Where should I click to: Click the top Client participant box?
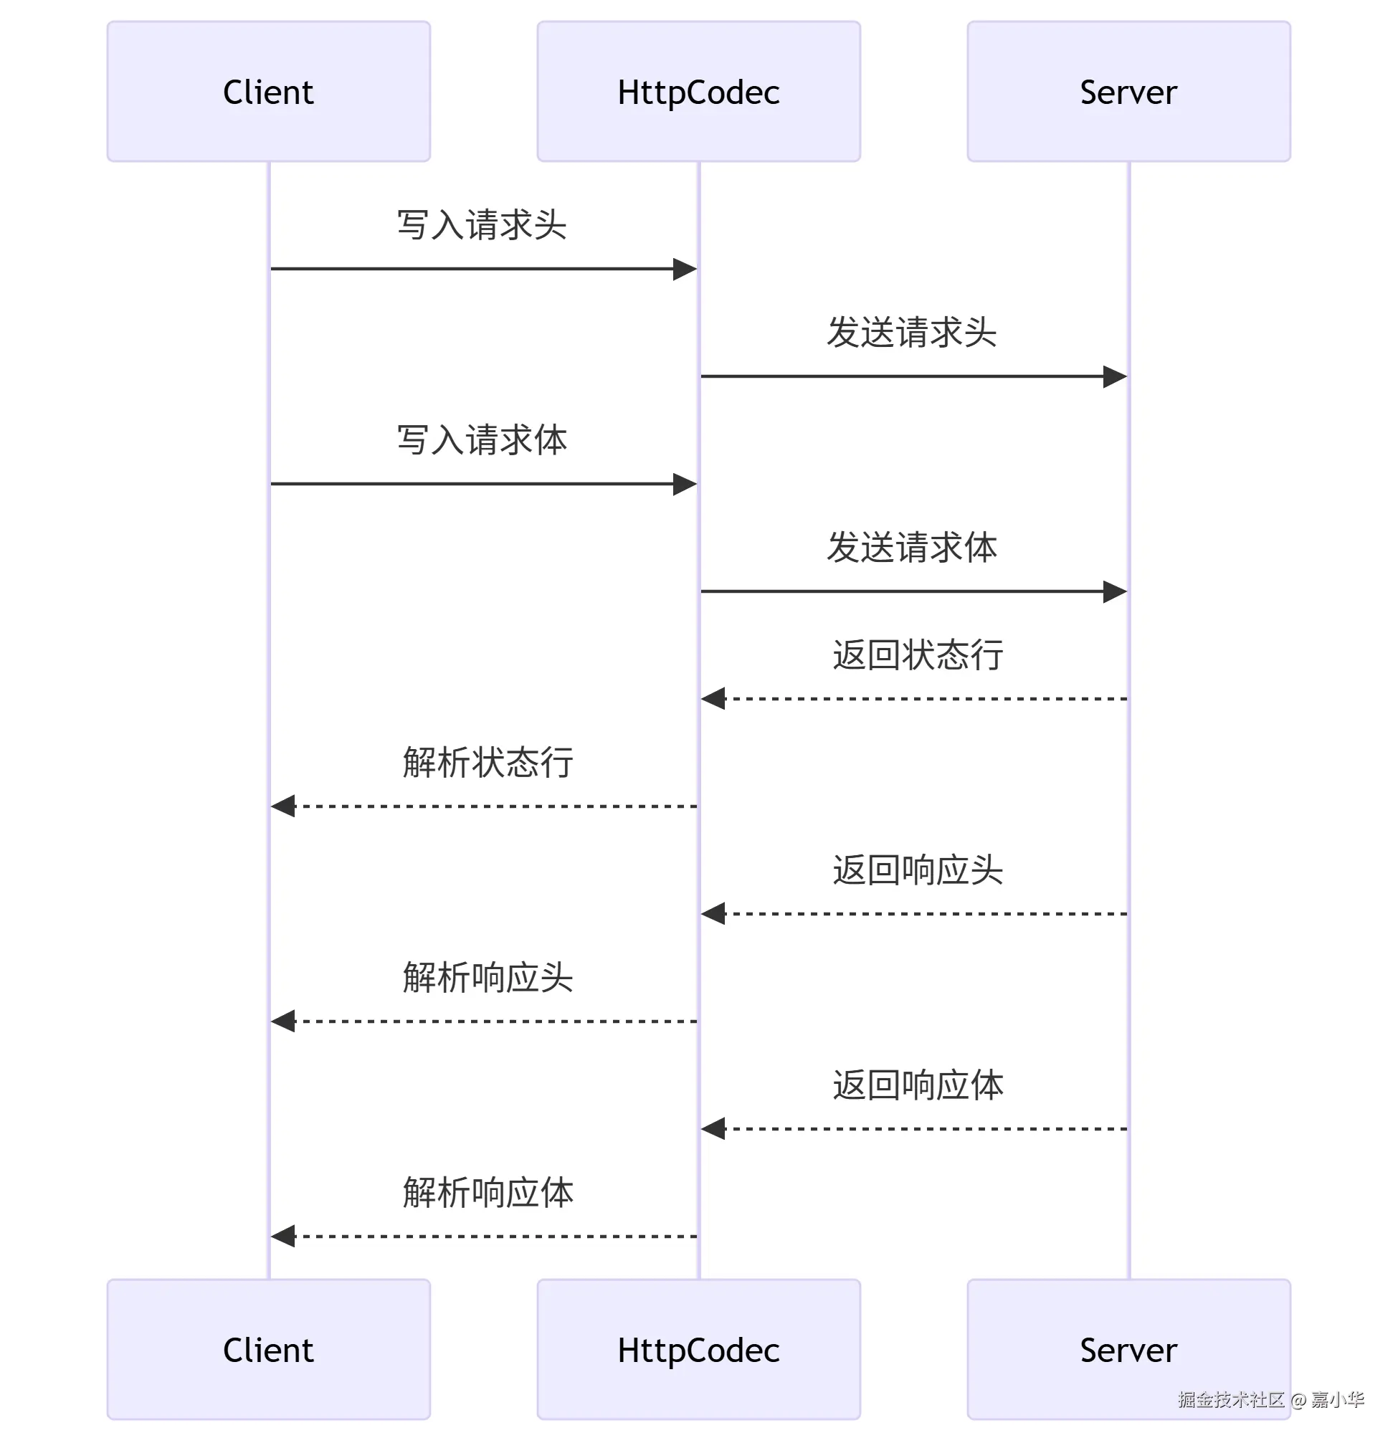coord(269,91)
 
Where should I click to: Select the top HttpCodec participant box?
coord(698,91)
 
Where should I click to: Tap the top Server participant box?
coord(1128,91)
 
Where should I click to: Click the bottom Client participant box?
coord(269,1350)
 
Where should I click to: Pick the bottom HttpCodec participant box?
coord(698,1350)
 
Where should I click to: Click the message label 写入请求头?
coord(482,224)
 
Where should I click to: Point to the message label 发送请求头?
coord(911,332)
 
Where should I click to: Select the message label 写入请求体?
coord(482,439)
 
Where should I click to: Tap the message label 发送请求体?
coord(911,547)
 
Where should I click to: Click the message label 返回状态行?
coord(917,654)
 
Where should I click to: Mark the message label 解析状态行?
coord(488,762)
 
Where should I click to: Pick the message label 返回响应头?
coord(917,870)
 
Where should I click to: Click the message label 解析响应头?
coord(488,977)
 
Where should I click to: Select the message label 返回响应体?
coord(917,1085)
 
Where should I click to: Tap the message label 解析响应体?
coord(488,1192)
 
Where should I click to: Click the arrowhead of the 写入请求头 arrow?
coord(685,269)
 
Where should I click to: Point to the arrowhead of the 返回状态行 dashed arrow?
coord(713,699)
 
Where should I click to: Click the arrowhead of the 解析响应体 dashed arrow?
coord(282,1236)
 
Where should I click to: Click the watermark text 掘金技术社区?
coord(1231,1399)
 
